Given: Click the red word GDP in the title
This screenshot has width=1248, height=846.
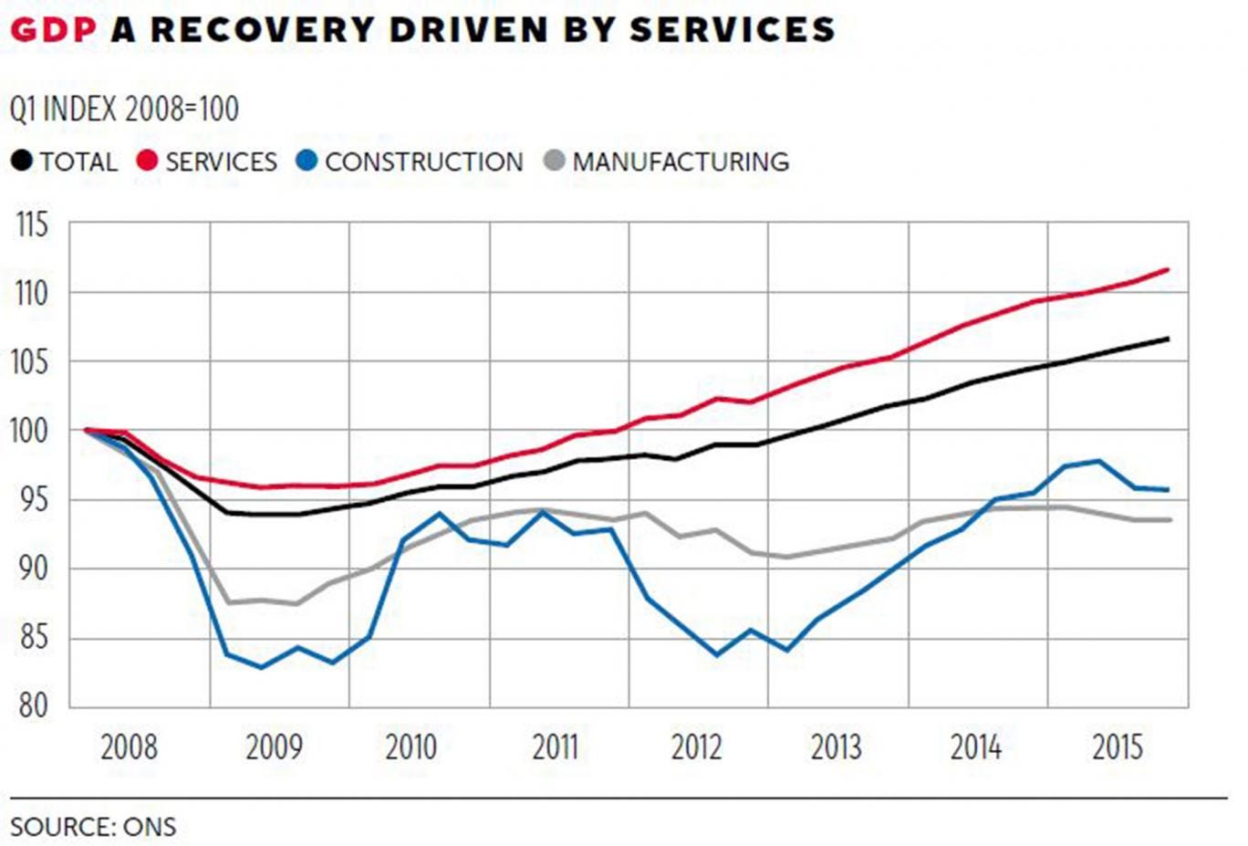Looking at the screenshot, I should (53, 30).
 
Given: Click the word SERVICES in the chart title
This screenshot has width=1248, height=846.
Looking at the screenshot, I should (733, 30).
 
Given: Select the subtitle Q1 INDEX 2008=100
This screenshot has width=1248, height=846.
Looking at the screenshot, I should (125, 110).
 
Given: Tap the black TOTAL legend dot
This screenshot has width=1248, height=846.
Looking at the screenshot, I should (22, 162).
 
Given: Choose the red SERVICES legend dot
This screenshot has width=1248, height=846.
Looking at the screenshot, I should (148, 162).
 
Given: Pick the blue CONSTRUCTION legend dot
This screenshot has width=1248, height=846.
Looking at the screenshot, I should (307, 162).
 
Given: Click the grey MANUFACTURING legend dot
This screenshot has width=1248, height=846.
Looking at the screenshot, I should (554, 162).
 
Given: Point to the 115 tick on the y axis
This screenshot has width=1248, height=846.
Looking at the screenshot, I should (33, 225).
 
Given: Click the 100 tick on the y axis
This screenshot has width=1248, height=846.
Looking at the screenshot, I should (31, 431).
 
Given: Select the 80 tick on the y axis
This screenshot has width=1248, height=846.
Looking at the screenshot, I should (33, 705).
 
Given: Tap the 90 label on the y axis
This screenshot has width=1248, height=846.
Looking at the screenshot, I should (33, 569).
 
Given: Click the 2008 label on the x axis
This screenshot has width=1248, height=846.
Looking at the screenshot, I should (129, 747).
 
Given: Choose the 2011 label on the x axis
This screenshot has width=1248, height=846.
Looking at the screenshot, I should (555, 747).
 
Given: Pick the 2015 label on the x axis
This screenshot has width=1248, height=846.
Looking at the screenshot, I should (1118, 747).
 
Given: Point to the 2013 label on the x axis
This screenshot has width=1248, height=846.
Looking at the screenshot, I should (836, 747).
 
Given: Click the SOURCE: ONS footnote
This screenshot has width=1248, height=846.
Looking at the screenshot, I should (93, 827).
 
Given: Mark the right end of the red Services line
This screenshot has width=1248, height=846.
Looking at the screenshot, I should (1169, 269).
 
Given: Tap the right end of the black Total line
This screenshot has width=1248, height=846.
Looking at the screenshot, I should (1169, 339).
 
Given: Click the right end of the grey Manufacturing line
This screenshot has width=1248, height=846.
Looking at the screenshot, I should (1170, 520).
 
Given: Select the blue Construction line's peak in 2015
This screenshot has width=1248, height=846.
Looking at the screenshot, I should (1099, 461).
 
